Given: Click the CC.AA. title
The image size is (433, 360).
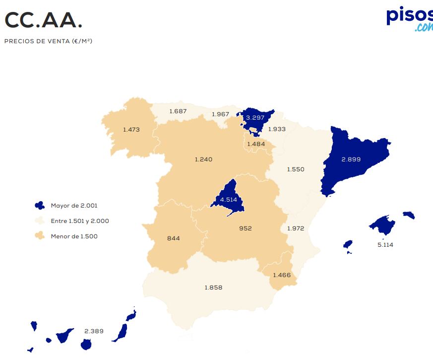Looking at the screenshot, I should point(44,20).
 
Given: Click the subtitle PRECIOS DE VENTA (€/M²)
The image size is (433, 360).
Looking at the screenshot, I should point(48,41).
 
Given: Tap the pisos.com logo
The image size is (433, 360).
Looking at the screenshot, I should point(410,18).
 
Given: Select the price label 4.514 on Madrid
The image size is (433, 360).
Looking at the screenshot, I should point(229,200).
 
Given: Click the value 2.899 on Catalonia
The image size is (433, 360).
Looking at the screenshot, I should point(351,159).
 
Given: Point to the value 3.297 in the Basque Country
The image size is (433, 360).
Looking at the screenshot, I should point(255,118).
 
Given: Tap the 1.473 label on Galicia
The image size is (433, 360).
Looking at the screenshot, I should point(131,130).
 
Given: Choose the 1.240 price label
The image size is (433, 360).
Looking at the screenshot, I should point(203,159).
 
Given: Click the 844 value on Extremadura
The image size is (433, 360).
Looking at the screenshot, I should point(174,238).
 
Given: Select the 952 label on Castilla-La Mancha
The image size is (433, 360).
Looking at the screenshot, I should point(245,228).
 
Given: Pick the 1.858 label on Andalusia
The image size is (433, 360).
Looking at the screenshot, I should point(213,288).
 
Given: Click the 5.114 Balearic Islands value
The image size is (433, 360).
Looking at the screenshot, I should point(385,245).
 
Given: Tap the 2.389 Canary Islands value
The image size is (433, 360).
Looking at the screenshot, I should point(94,331).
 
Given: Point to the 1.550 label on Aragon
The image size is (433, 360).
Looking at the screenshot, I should point(296,169).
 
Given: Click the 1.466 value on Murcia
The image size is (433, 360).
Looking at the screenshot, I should point(281,275).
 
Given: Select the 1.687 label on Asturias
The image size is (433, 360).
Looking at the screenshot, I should point(178,111).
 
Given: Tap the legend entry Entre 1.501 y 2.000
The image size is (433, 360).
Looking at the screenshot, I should point(80,221).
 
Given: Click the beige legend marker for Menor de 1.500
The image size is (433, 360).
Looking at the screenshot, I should point(40,236).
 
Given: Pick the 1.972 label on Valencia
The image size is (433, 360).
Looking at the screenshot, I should point(296,228).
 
